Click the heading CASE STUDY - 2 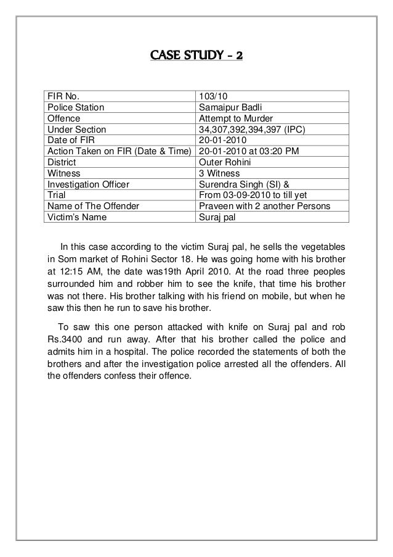tap(197, 57)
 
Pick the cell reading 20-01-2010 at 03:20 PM tap(247, 151)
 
